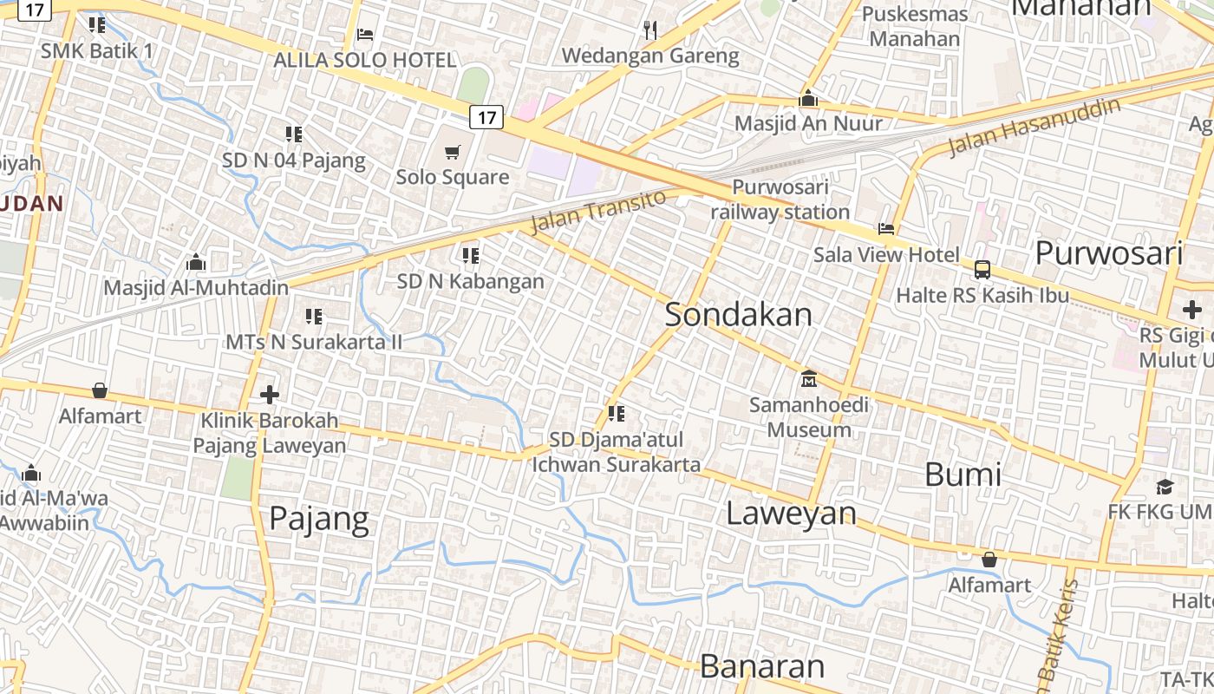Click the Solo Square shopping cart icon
point(452,153)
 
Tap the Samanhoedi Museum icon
point(809,379)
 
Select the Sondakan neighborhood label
point(739,315)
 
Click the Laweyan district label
point(791,514)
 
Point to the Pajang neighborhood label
point(319,519)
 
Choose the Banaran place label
point(762,666)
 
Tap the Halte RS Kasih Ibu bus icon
point(982,270)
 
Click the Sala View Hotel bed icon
point(886,229)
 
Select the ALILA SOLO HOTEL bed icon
point(365,35)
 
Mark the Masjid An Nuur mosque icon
point(808,99)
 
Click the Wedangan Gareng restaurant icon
point(650,30)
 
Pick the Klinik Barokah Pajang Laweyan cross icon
point(270,395)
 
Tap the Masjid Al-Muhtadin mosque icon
point(196,262)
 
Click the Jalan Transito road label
point(598,211)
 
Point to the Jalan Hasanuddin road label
point(1034,127)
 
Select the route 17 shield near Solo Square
point(486,117)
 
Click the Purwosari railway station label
point(780,200)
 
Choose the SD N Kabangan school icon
point(471,255)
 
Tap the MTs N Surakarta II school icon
point(314,317)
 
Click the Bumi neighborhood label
point(963,475)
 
